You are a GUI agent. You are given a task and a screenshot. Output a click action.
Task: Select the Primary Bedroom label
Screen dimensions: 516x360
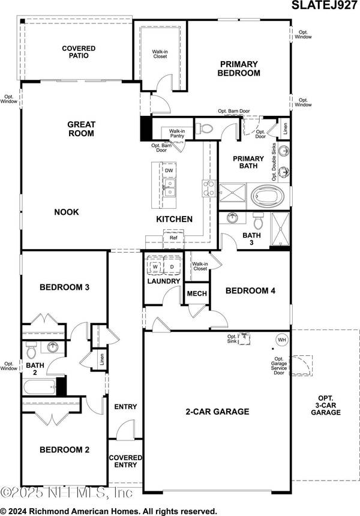pyautogui.click(x=239, y=68)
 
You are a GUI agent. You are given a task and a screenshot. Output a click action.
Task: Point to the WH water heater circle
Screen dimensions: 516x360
pyautogui.click(x=281, y=340)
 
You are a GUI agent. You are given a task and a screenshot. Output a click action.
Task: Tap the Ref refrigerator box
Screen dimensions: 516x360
pyautogui.click(x=173, y=238)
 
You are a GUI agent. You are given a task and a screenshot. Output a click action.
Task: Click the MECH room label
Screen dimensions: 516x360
pyautogui.click(x=197, y=294)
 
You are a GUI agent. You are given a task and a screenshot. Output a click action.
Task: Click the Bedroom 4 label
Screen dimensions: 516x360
pyautogui.click(x=250, y=291)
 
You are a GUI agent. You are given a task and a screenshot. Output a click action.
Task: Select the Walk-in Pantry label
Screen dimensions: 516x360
pyautogui.click(x=177, y=133)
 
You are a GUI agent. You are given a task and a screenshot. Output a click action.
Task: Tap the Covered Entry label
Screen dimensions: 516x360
pyautogui.click(x=125, y=461)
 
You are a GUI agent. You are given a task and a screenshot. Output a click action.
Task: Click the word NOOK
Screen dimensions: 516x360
pyautogui.click(x=67, y=212)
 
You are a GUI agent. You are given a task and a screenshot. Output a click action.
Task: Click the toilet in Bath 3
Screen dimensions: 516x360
pyautogui.click(x=259, y=221)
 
